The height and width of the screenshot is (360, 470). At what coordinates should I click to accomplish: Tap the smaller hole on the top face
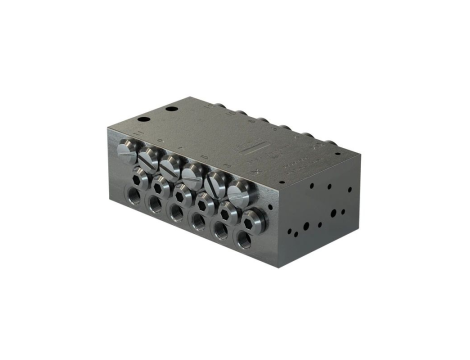(x=142, y=119)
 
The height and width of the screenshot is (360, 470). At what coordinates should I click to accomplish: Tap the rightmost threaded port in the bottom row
(x=243, y=240)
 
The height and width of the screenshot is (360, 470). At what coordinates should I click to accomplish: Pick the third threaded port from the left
(x=177, y=213)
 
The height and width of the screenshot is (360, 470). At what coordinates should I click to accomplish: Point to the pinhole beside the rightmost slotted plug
(x=255, y=186)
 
